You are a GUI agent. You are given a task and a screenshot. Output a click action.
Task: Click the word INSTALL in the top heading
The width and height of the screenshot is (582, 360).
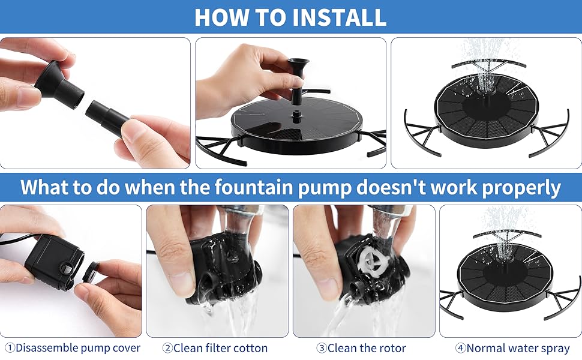[x=340, y=17]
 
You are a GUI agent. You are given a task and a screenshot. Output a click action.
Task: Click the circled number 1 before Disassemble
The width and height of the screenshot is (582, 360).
[x=9, y=348]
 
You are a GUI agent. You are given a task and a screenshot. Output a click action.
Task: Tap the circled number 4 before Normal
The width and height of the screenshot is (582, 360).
[x=460, y=348]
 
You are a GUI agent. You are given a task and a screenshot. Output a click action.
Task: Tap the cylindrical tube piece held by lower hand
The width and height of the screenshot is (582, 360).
[x=108, y=116]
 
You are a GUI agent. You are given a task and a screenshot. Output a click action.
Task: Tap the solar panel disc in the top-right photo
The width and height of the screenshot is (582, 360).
[x=486, y=111]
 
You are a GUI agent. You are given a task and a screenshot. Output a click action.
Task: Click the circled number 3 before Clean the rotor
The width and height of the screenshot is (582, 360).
[x=322, y=348]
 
